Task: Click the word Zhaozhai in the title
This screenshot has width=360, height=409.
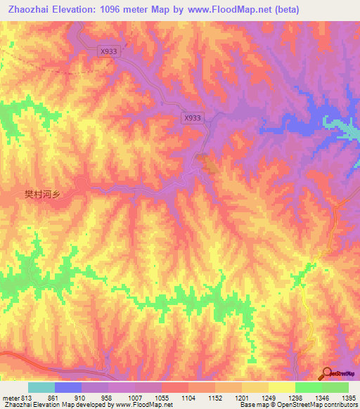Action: [28, 10]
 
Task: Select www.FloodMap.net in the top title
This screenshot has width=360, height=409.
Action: [230, 10]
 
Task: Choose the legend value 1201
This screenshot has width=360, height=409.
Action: [241, 398]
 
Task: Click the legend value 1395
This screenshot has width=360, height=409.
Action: [349, 398]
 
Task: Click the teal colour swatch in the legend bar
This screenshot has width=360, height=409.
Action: [41, 387]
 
